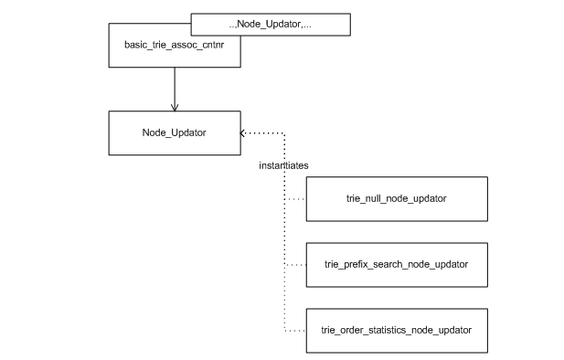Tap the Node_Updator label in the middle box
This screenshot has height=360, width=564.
pyautogui.click(x=174, y=132)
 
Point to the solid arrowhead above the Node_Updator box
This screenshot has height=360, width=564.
pyautogui.click(x=174, y=106)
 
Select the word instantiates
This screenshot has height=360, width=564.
pyautogui.click(x=283, y=165)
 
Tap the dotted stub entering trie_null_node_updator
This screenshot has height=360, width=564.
pyautogui.click(x=295, y=198)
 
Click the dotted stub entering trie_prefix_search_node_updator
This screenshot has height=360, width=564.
pyautogui.click(x=295, y=264)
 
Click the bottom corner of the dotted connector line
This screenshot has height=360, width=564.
pyautogui.click(x=285, y=329)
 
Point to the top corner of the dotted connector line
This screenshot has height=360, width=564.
pyautogui.click(x=285, y=132)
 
